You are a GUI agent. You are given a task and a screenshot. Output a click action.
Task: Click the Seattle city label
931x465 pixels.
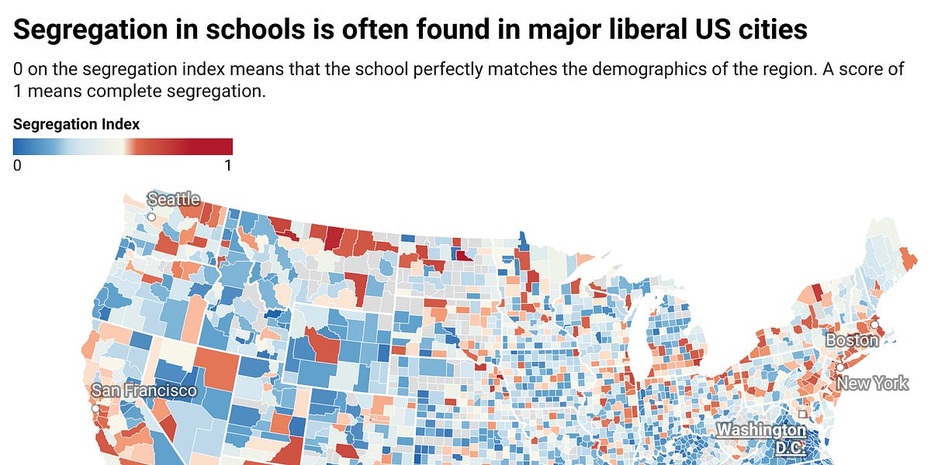tap(174, 199)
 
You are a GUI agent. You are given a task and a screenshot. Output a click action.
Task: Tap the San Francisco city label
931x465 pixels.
tap(144, 391)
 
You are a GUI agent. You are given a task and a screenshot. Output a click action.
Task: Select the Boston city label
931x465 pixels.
tap(851, 340)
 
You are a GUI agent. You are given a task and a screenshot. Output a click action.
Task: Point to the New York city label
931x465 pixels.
tap(872, 383)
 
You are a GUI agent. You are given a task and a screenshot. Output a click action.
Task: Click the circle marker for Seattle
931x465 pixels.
tap(152, 217)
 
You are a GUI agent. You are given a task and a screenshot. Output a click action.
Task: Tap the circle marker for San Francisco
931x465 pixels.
tap(95, 408)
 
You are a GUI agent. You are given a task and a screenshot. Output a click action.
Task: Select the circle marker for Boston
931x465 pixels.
tap(874, 325)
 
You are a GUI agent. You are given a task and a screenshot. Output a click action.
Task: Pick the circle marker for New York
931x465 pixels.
tap(839, 367)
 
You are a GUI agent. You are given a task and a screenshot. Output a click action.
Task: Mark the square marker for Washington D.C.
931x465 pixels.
tap(802, 414)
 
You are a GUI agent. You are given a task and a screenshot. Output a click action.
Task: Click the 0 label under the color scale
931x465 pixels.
tap(17, 165)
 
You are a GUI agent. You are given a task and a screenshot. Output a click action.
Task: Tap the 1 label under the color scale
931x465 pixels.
tap(227, 165)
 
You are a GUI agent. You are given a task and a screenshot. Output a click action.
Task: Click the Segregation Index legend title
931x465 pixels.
tap(76, 125)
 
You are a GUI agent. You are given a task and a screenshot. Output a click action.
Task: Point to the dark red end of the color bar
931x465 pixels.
tap(225, 146)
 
